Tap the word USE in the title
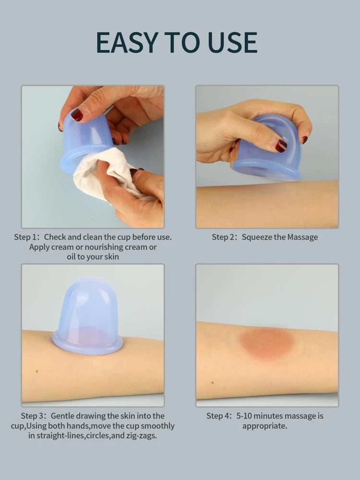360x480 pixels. tap(232, 42)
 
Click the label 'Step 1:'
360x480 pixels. tap(27, 237)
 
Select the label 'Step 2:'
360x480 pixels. tap(225, 237)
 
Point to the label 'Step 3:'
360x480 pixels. tap(34, 416)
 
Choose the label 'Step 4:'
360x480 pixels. tap(219, 416)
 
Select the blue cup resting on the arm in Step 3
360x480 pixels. tap(87, 317)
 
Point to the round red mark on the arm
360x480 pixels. tap(266, 343)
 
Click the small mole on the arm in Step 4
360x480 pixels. tap(212, 382)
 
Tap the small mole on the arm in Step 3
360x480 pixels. tap(37, 371)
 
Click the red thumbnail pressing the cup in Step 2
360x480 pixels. tap(280, 146)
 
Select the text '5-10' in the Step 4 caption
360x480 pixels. tap(244, 416)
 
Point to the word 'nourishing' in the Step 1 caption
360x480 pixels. tap(103, 247)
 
